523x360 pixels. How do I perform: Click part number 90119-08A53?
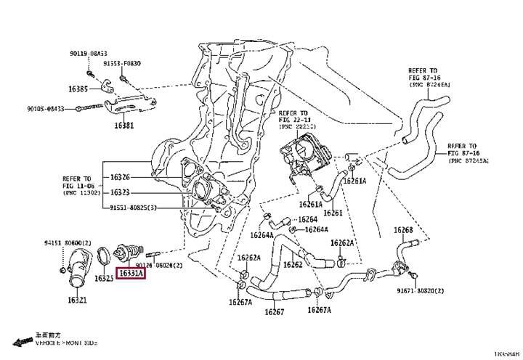point(88,54)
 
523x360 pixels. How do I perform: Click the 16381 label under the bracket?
point(123,125)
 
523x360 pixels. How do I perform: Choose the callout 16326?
point(120,177)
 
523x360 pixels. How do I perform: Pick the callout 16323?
point(120,192)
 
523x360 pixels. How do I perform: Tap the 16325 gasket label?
point(105,279)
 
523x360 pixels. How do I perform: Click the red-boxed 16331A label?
point(131,274)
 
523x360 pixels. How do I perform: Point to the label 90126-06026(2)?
point(158,265)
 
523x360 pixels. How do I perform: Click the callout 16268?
point(404,230)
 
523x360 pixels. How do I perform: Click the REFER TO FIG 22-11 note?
point(298,119)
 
